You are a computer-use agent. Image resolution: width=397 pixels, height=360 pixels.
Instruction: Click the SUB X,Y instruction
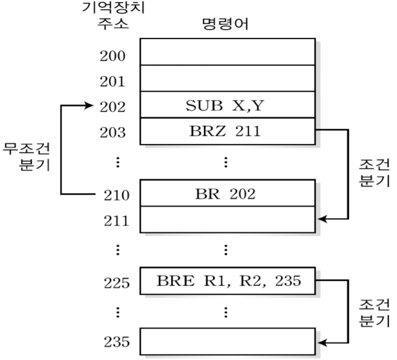[x=227, y=106]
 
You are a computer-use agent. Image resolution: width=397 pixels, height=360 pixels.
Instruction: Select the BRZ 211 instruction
[x=227, y=131]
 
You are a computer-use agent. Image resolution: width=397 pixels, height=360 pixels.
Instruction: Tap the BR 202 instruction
[x=227, y=193]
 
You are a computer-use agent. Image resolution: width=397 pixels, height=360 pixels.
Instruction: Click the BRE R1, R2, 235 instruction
[x=227, y=280]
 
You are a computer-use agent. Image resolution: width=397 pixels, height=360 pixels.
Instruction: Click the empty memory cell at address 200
[x=227, y=52]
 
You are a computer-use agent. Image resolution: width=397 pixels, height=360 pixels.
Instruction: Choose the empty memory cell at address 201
[x=227, y=78]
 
